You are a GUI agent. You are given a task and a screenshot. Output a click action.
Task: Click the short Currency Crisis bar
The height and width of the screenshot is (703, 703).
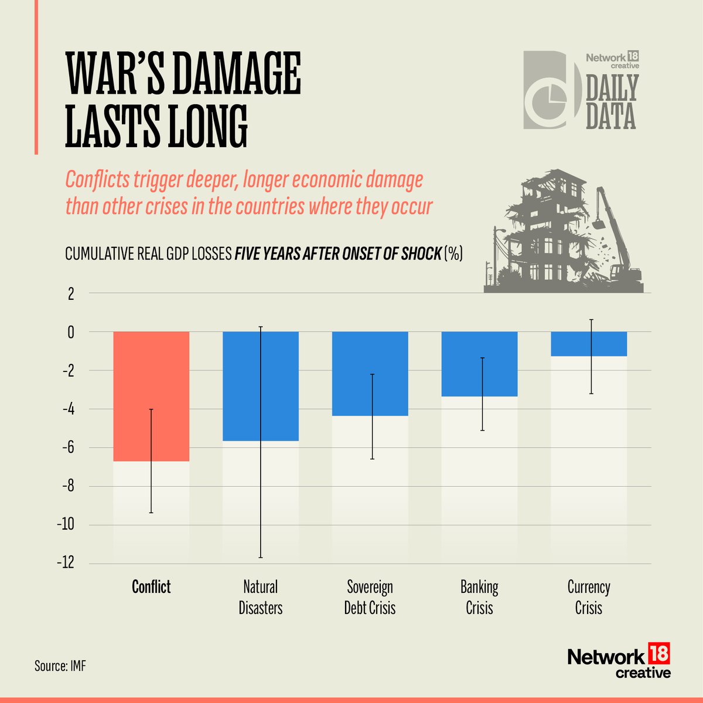[589, 344]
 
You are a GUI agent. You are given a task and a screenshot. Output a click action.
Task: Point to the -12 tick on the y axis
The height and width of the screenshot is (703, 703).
[66, 563]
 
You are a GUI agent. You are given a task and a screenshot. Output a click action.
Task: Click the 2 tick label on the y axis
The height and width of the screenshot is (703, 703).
[71, 294]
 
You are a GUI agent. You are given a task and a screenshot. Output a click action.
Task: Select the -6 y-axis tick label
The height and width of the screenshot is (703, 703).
[68, 448]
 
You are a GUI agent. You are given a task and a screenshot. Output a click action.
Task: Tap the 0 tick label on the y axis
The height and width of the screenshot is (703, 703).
[71, 332]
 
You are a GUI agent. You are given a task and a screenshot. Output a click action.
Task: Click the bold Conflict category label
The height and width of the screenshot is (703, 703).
[151, 587]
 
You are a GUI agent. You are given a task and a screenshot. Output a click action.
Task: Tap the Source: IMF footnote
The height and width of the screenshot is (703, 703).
[60, 666]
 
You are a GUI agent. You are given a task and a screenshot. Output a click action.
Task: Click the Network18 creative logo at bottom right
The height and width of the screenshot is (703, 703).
[619, 661]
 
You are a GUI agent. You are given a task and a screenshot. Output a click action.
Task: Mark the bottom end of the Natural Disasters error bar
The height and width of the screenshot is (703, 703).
[261, 557]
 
